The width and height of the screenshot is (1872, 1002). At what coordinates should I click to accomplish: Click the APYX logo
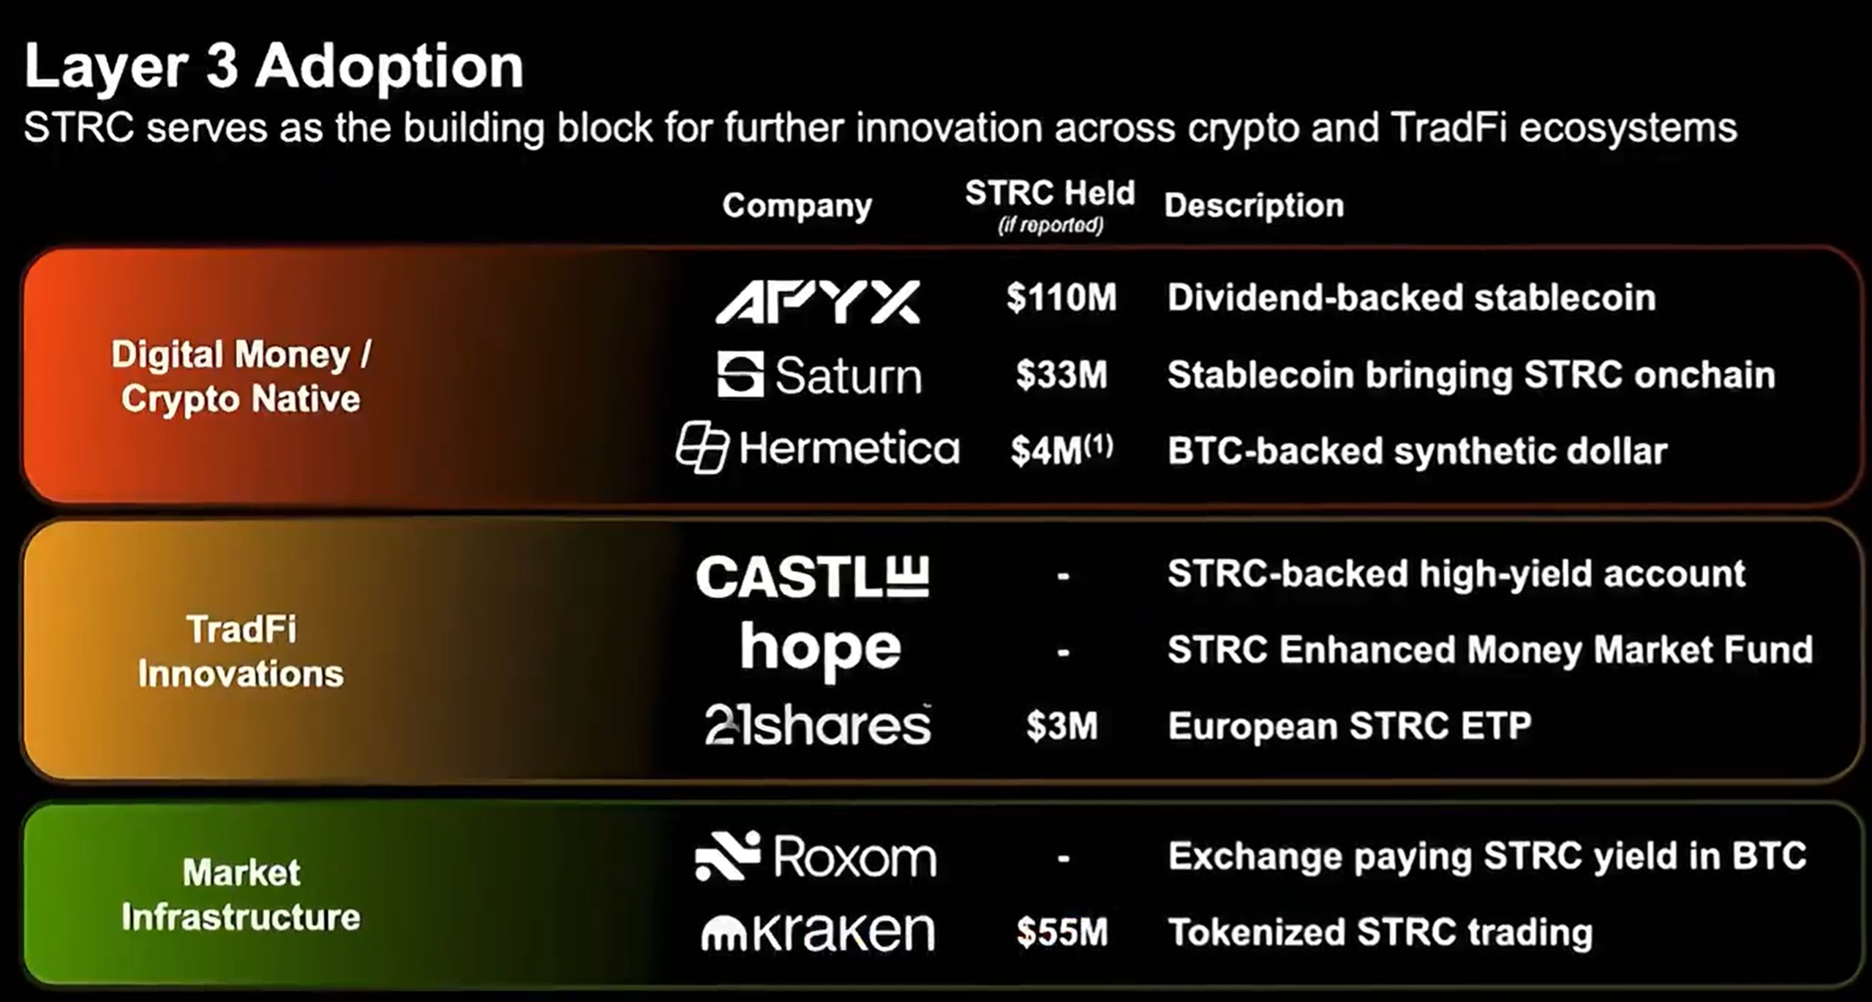coord(818,301)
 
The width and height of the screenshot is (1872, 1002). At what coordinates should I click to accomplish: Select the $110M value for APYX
coord(1061,298)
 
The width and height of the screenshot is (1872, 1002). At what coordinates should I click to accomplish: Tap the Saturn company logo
coord(819,374)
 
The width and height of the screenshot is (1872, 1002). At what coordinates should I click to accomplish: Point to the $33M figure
coord(1061,374)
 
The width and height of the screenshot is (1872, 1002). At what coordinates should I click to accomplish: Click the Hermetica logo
coord(818,447)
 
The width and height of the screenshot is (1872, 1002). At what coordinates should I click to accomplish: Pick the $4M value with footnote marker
coord(1061,449)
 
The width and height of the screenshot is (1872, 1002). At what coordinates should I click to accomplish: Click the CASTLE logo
coord(813,576)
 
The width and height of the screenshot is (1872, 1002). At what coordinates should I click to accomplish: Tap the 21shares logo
coord(818,725)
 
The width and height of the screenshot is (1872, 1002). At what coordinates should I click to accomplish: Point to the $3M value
coord(1061,726)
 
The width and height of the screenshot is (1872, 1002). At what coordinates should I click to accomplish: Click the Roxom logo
coord(816,856)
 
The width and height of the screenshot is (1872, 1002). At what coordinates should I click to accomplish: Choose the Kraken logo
coord(818,932)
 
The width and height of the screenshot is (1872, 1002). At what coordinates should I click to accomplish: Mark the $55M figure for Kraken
coord(1062,933)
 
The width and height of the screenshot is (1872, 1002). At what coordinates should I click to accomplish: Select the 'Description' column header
coord(1254,206)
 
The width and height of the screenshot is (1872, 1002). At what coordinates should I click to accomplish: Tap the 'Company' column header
coord(797,206)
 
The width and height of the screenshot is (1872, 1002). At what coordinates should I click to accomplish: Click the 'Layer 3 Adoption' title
coord(274,66)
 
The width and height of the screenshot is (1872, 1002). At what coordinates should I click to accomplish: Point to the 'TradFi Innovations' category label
coord(241,651)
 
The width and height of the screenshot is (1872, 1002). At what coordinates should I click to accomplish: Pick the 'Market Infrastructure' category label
coord(241,894)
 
